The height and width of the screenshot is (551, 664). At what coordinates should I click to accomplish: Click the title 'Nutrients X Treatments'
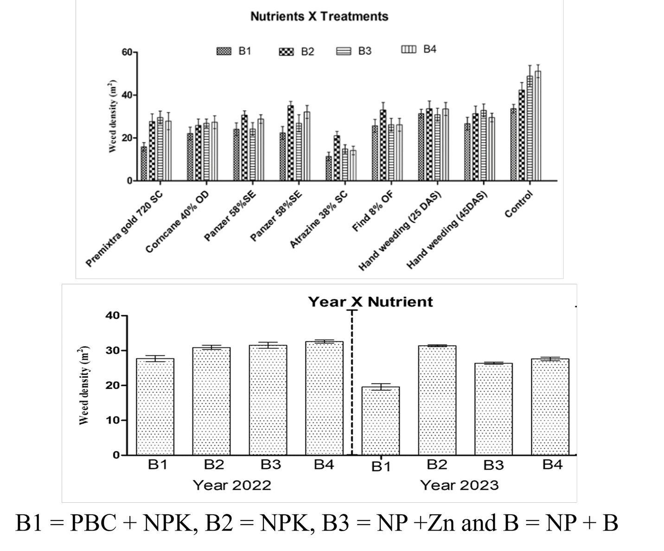click(319, 17)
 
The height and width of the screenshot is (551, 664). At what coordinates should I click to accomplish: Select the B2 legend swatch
click(286, 51)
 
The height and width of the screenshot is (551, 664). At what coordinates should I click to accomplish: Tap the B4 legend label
click(430, 49)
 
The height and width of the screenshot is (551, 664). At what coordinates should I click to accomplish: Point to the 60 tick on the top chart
click(127, 52)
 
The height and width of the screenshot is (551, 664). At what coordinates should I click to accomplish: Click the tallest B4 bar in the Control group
click(538, 126)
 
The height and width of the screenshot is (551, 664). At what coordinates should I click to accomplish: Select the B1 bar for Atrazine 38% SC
click(329, 168)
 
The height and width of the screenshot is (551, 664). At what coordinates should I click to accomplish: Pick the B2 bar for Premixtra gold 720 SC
click(152, 151)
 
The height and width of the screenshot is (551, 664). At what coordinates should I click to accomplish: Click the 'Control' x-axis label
click(519, 204)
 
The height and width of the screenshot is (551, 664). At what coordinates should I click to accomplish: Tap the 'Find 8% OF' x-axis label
click(372, 211)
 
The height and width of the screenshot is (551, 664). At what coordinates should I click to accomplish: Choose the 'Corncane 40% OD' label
click(177, 222)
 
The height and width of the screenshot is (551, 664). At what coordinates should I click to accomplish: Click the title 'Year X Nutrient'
click(370, 301)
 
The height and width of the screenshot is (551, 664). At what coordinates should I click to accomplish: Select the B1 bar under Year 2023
click(381, 421)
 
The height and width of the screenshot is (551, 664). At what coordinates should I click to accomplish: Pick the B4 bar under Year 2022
click(325, 398)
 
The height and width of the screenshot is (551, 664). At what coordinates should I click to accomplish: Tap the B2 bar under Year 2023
click(437, 400)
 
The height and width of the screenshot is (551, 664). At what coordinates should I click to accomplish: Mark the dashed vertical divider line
click(352, 382)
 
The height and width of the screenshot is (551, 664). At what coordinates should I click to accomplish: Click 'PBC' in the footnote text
click(93, 523)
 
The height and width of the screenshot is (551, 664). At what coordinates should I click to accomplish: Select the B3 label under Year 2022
click(271, 465)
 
